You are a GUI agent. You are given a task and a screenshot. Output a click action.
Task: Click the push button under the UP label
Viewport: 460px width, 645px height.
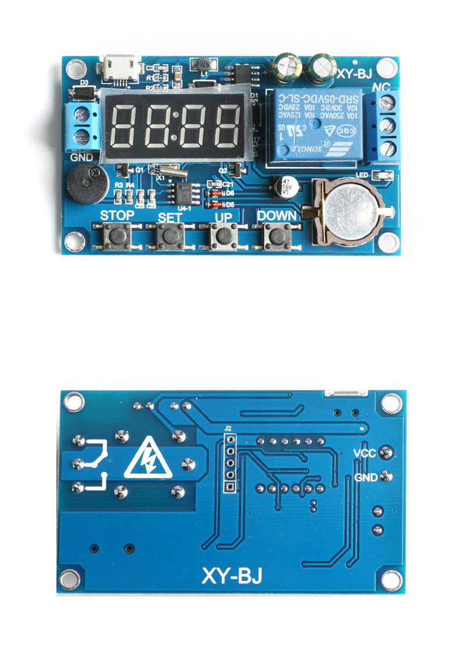click(x=224, y=235)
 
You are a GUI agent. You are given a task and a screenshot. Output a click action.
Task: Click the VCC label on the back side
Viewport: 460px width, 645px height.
click(x=365, y=452)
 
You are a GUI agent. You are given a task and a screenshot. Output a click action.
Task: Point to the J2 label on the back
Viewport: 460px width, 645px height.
click(x=229, y=428)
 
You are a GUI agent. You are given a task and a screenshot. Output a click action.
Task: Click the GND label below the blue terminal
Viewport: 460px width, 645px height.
click(x=82, y=157)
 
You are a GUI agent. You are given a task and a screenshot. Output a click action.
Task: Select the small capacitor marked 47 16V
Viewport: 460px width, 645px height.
click(x=285, y=186)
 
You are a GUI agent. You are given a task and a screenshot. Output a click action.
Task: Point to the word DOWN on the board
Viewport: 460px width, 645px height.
click(x=277, y=215)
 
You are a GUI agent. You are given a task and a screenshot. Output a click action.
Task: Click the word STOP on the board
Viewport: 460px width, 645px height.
click(x=117, y=215)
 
